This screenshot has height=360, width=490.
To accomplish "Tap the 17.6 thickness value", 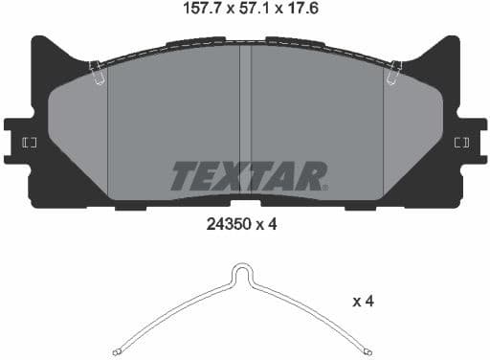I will [301, 11].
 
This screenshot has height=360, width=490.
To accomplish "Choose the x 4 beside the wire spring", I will [363, 302].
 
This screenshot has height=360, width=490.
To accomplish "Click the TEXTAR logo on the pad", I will [249, 175].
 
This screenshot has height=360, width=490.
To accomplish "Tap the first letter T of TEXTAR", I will [183, 175].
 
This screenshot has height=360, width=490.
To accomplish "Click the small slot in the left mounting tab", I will [29, 143].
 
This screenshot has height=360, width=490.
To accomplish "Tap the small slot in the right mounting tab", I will [461, 143].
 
